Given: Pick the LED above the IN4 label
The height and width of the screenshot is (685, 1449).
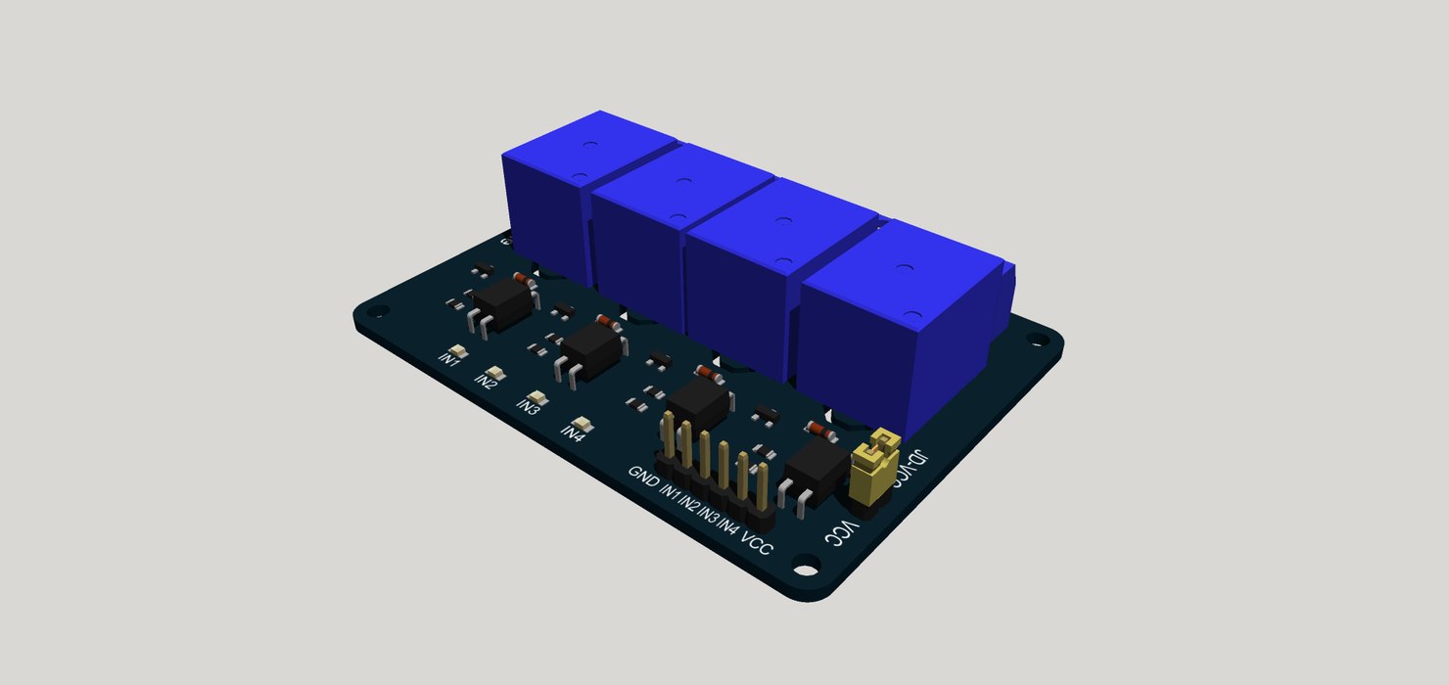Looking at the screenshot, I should pyautogui.click(x=584, y=425).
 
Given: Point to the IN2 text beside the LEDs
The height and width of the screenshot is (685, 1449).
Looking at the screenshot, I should pyautogui.click(x=486, y=381).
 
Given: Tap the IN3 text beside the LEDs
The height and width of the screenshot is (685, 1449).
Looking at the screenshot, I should pyautogui.click(x=529, y=407).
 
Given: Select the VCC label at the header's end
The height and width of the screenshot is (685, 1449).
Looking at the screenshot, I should pyautogui.click(x=757, y=542).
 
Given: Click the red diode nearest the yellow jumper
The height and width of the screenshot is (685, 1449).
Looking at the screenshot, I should pyautogui.click(x=819, y=432).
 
